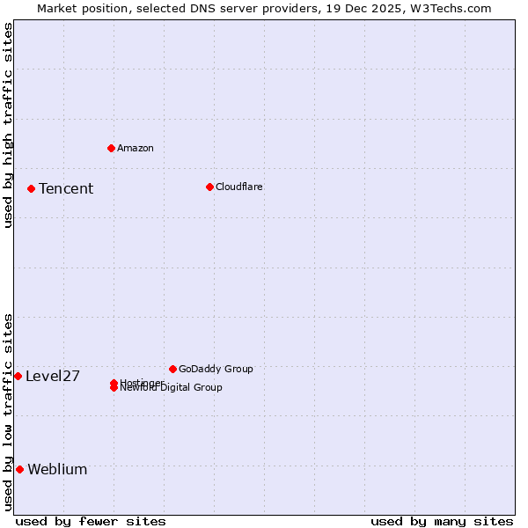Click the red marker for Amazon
pyautogui.click(x=111, y=148)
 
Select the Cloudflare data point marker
pyautogui.click(x=209, y=187)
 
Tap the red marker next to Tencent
pyautogui.click(x=31, y=188)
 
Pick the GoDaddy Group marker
pyautogui.click(x=172, y=369)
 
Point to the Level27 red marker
pyautogui.click(x=18, y=376)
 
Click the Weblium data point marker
pyautogui.click(x=19, y=469)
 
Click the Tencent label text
pyautogui.click(x=66, y=189)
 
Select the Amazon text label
pyautogui.click(x=136, y=148)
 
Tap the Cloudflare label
pyautogui.click(x=239, y=187)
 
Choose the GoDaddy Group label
pyautogui.click(x=216, y=369)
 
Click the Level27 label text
pyautogui.click(x=53, y=377)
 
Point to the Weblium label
pyautogui.click(x=57, y=470)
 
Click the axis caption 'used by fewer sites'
pyautogui.click(x=91, y=522)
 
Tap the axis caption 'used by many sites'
pyautogui.click(x=442, y=522)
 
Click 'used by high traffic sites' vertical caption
pyautogui.click(x=8, y=125)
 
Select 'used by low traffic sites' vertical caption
pyautogui.click(x=8, y=412)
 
